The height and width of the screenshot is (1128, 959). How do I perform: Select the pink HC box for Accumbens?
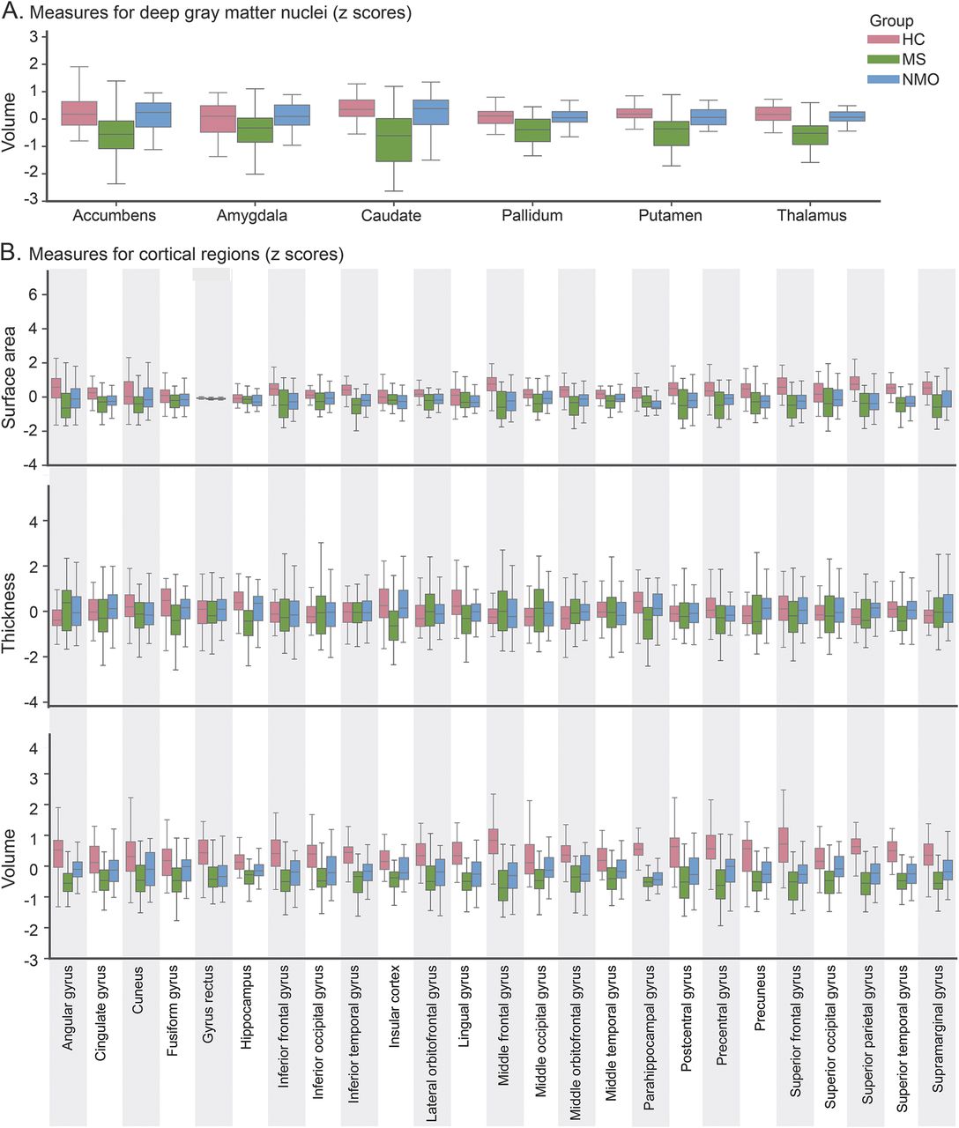point(79,113)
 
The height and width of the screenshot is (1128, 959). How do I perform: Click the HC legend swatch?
point(881,41)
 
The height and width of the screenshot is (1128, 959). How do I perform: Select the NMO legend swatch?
point(881,79)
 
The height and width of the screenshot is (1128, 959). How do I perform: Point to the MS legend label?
point(914,60)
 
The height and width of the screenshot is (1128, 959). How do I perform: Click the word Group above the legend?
point(891,20)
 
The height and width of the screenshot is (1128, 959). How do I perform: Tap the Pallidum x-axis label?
point(532,216)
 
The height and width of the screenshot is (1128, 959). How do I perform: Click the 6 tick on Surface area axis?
point(34,295)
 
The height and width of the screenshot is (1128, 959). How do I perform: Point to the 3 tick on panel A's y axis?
point(33,36)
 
